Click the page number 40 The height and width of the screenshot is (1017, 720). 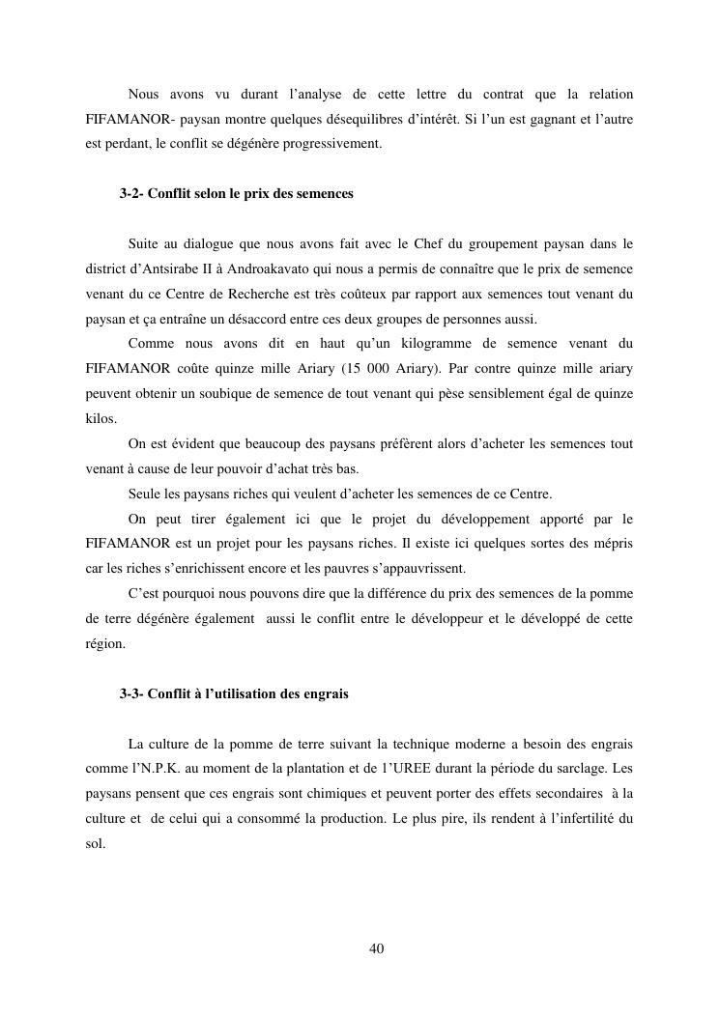[x=377, y=948]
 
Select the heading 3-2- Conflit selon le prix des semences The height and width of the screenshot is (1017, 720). [x=237, y=194]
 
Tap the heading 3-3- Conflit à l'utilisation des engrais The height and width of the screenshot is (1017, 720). [x=234, y=694]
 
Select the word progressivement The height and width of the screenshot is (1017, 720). [x=336, y=144]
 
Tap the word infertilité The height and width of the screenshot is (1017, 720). [x=577, y=820]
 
